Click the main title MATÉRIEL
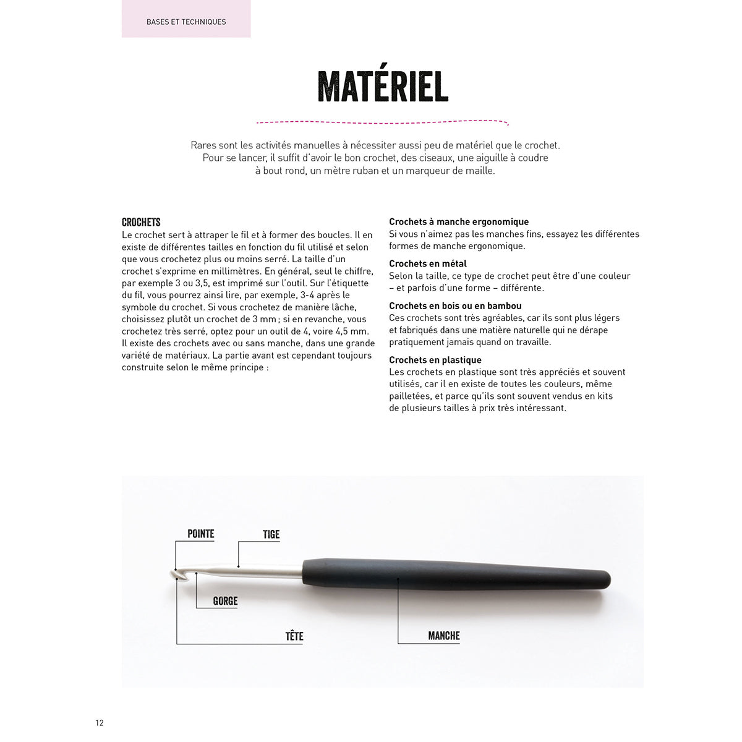point(383,86)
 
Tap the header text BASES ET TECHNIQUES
point(186,22)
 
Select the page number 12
point(100,723)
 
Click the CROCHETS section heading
point(141,222)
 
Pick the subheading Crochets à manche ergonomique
point(459,221)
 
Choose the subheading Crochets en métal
point(428,263)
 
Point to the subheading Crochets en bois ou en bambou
point(455,305)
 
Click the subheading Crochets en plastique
point(435,360)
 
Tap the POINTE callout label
point(201,534)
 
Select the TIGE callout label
point(271,534)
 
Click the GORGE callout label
point(225,601)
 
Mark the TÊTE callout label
point(294,636)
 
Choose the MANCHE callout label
point(444,636)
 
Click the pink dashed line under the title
point(383,122)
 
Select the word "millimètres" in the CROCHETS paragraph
point(237,271)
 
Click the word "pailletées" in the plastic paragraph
point(411,396)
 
